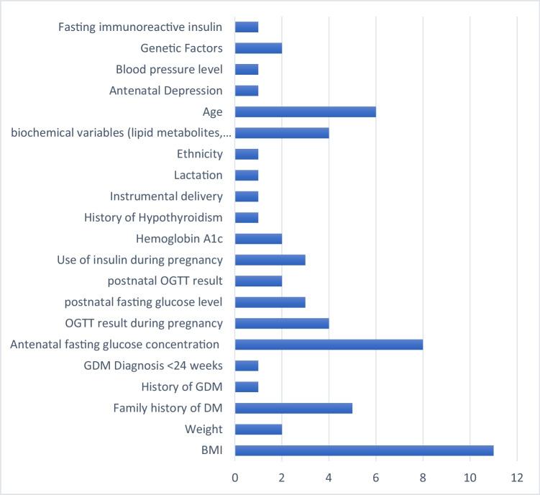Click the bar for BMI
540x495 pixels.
pos(364,450)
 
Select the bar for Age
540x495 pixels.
pos(305,112)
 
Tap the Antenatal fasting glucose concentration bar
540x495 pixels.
pos(329,345)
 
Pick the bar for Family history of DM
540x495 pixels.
pos(293,408)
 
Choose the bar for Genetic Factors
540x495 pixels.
pos(258,48)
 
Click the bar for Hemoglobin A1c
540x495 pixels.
pos(258,239)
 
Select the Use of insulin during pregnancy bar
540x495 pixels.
pos(270,260)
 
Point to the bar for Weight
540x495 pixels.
pos(258,430)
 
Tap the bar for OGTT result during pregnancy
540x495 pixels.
pos(282,323)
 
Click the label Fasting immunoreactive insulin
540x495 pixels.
pos(139,27)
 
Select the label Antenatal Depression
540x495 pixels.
pos(165,91)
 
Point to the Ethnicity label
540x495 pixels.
pos(199,154)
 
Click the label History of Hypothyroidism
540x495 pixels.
pos(153,217)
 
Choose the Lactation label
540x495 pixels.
pos(198,175)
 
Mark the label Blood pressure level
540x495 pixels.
pos(169,70)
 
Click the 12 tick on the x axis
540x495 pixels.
pos(516,477)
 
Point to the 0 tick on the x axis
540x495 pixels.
pos(235,477)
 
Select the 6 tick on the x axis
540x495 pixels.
pos(376,477)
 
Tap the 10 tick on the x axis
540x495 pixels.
pos(470,477)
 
